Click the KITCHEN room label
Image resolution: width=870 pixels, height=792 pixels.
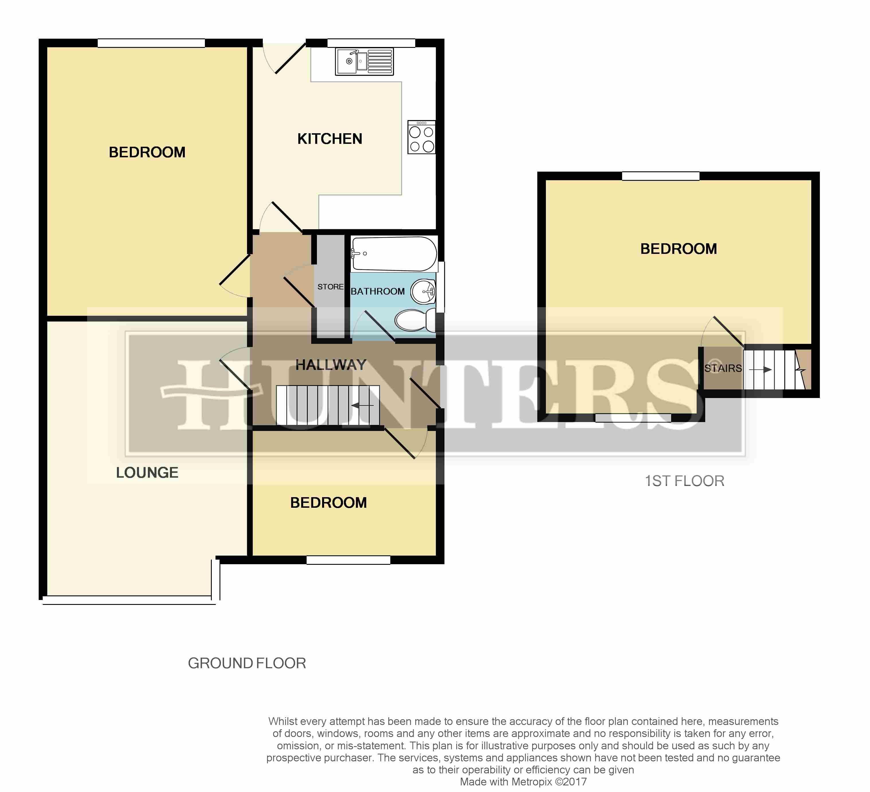pos(330,139)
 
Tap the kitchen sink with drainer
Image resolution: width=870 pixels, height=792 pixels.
pos(364,62)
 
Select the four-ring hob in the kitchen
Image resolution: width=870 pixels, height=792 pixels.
pos(422,137)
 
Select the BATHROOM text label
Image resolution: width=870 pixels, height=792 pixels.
pos(378,292)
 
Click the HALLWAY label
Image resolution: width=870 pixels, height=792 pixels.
pos(331,365)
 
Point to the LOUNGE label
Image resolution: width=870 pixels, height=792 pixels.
pos(147,473)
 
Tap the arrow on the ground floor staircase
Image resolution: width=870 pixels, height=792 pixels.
pos(362,406)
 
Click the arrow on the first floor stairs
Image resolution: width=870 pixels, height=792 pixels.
pos(760,370)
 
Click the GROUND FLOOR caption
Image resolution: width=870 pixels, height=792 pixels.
pos(247,663)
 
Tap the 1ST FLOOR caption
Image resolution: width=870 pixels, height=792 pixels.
pos(684,481)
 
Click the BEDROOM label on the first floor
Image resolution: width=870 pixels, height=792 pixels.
pos(678,249)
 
